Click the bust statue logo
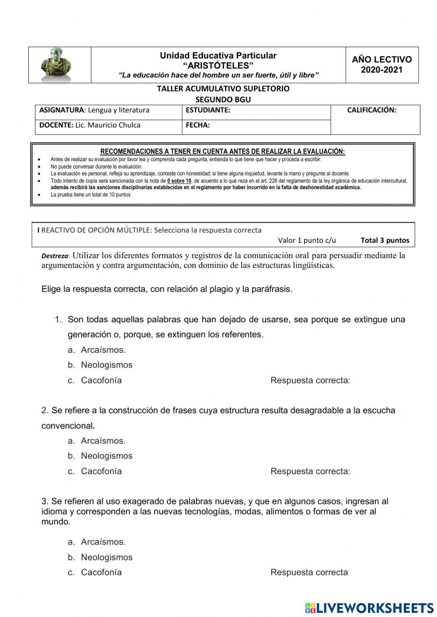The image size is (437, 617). point(56,65)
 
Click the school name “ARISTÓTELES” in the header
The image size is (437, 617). point(218,65)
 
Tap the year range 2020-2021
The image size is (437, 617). point(382,70)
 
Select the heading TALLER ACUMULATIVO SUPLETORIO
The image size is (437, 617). point(223,89)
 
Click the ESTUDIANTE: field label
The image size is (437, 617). point(208,110)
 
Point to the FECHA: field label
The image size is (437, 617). point(198,125)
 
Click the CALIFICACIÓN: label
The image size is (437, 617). point(371,110)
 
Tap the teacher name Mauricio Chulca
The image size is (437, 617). point(114,125)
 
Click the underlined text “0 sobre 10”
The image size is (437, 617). point(179,181)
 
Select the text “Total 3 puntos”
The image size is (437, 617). point(385,240)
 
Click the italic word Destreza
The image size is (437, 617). point(55,256)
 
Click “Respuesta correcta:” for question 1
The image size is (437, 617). point(310,380)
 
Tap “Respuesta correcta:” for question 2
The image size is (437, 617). point(310,471)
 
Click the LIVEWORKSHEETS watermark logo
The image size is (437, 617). point(369,607)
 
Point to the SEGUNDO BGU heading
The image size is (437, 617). point(223,99)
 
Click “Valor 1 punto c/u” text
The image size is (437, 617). point(307,240)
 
